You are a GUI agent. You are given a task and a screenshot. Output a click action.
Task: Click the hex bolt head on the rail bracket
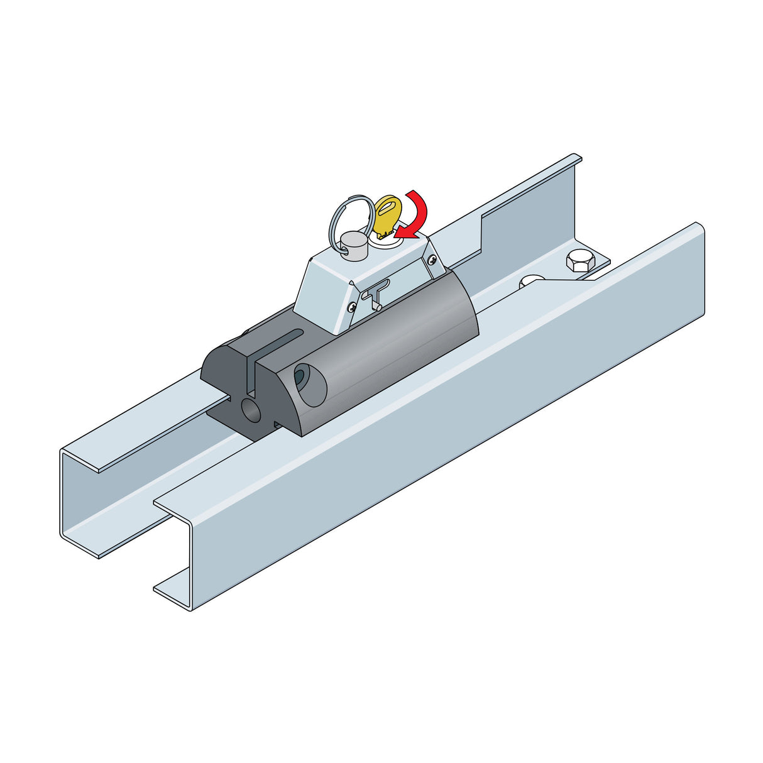pos(580,260)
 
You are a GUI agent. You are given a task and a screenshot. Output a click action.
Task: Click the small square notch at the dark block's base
pos(277,425)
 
